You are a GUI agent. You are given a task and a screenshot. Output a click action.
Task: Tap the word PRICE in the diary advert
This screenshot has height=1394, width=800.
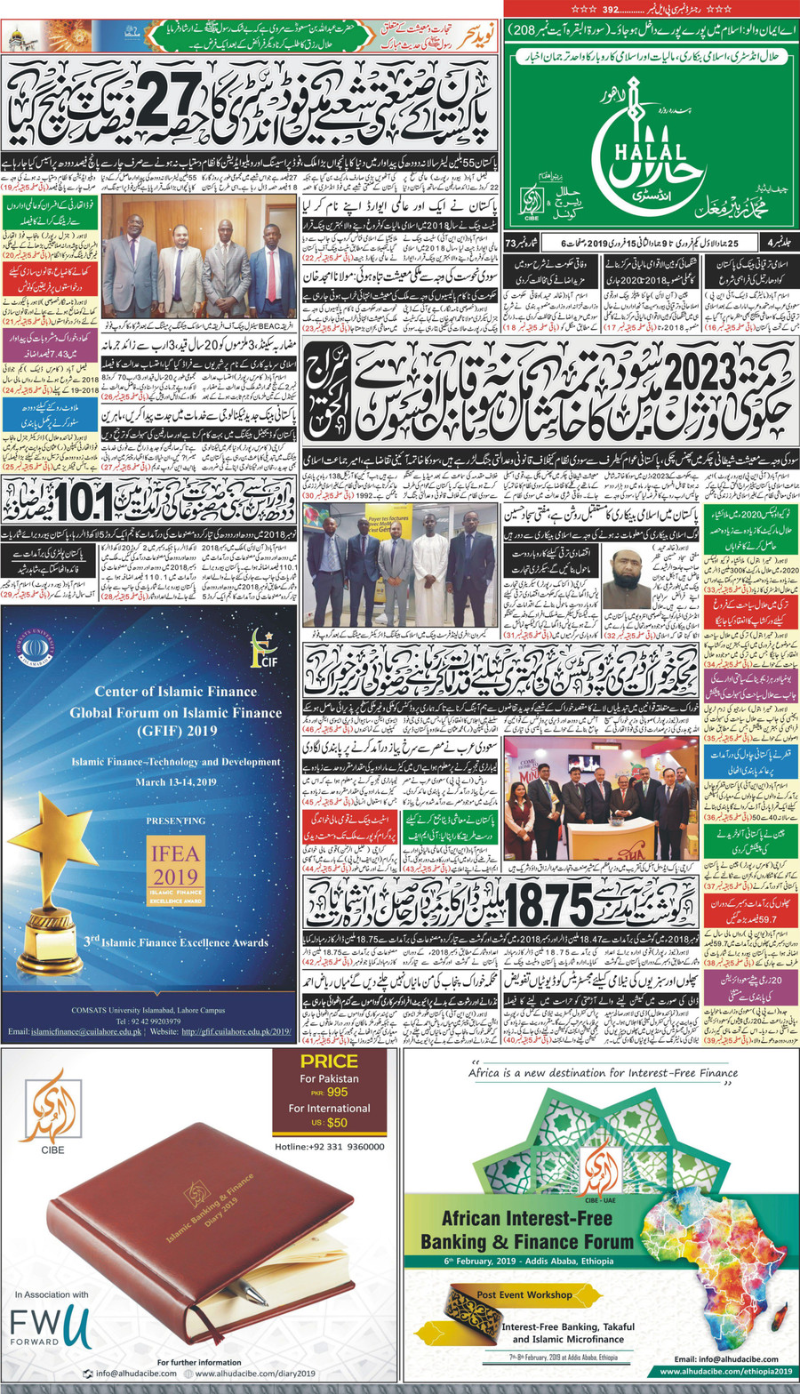(x=329, y=1062)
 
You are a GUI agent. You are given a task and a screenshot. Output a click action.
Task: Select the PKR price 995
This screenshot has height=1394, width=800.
(x=337, y=1092)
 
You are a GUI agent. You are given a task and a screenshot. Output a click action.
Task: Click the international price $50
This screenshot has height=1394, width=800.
(x=337, y=1123)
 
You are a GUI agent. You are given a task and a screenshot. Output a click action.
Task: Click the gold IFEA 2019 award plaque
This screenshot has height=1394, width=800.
(x=175, y=867)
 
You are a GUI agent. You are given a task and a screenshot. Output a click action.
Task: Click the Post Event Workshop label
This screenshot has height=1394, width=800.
(x=524, y=1294)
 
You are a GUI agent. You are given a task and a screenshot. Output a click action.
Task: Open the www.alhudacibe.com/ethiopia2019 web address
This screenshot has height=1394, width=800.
(x=725, y=1372)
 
